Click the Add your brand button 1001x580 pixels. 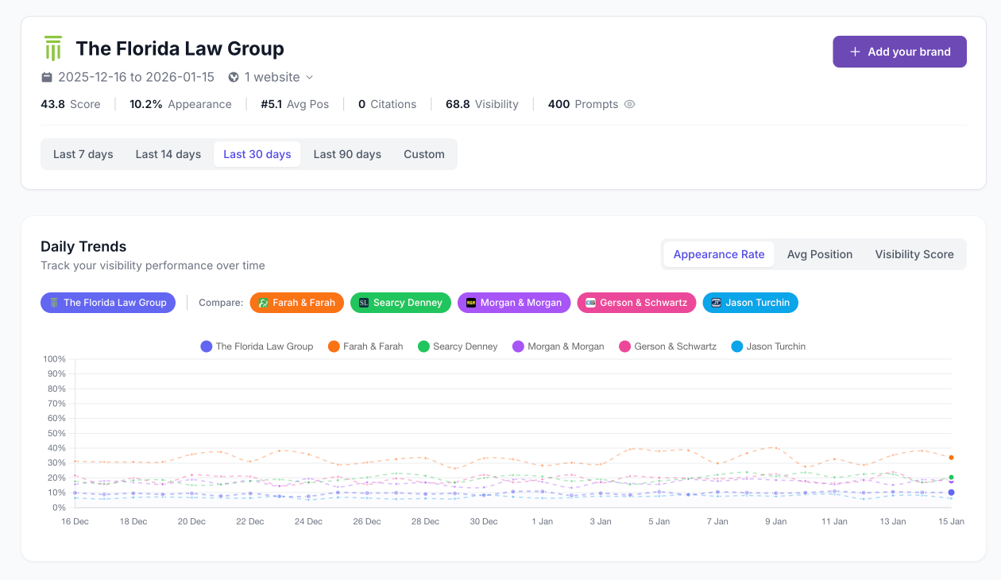pyautogui.click(x=899, y=52)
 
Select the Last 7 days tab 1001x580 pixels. pyautogui.click(x=83, y=154)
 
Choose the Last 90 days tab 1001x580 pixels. pyautogui.click(x=347, y=154)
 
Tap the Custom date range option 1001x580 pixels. pyautogui.click(x=423, y=154)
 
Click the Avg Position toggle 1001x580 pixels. pyautogui.click(x=819, y=254)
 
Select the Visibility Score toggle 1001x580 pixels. pyautogui.click(x=914, y=254)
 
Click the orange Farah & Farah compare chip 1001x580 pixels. pyautogui.click(x=296, y=303)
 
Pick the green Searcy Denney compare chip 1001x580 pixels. pyautogui.click(x=400, y=303)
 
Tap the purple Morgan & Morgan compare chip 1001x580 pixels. pyautogui.click(x=513, y=303)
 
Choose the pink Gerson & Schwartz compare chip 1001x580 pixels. pyautogui.click(x=636, y=303)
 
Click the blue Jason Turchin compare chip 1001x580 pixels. pyautogui.click(x=750, y=303)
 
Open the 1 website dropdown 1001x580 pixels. pyautogui.click(x=271, y=77)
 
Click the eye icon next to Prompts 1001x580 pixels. pyautogui.click(x=629, y=104)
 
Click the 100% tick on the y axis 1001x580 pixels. pyautogui.click(x=55, y=359)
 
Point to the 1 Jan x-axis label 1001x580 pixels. pyautogui.click(x=542, y=521)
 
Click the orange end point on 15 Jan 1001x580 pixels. pyautogui.click(x=951, y=458)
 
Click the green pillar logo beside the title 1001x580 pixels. pyautogui.click(x=53, y=48)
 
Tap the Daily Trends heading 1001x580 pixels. pyautogui.click(x=83, y=246)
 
